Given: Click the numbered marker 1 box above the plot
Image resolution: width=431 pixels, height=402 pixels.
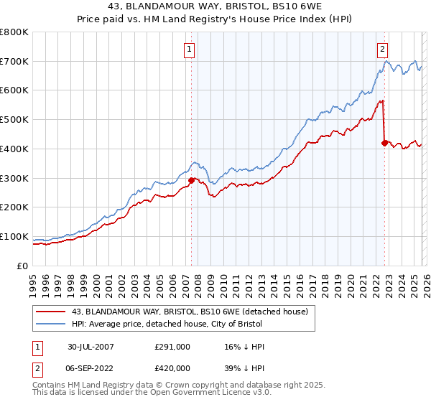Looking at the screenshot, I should point(189,50).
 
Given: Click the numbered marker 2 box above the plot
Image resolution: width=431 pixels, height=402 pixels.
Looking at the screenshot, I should point(382,50).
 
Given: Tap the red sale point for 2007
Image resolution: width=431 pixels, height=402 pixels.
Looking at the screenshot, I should point(192,180).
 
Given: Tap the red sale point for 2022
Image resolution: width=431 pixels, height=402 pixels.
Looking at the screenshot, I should point(384,143).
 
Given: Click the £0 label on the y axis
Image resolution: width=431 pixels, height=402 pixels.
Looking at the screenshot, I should point(22,266).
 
